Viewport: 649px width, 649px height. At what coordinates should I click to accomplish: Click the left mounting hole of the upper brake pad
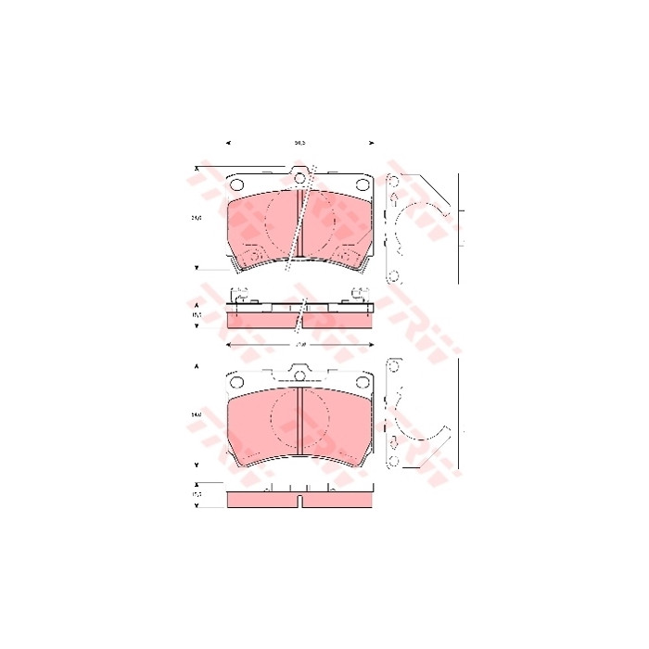236,185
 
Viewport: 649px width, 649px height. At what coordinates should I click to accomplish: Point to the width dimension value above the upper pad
299,143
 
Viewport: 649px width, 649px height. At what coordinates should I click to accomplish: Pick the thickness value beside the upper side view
196,315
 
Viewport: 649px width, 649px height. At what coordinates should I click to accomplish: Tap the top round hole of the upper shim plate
392,181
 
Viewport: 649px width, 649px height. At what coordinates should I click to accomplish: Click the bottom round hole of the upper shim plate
392,274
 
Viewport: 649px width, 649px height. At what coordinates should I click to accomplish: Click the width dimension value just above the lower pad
299,344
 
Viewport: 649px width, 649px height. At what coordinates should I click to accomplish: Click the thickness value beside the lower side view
196,496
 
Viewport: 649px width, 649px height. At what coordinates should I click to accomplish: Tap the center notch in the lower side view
299,502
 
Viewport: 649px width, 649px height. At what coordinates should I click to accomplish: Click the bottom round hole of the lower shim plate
392,461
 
